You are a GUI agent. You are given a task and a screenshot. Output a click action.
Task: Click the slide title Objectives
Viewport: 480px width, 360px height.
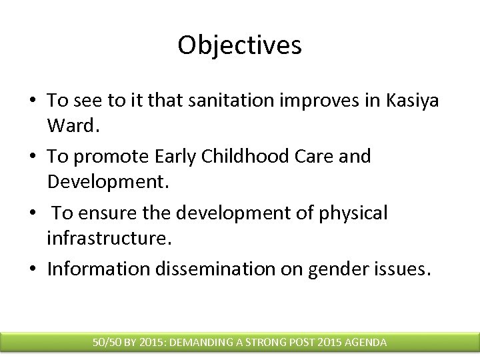point(240,45)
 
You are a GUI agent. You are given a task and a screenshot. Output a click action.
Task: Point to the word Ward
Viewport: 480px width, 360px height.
point(68,125)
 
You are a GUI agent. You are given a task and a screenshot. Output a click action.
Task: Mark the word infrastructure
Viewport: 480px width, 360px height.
point(105,237)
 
